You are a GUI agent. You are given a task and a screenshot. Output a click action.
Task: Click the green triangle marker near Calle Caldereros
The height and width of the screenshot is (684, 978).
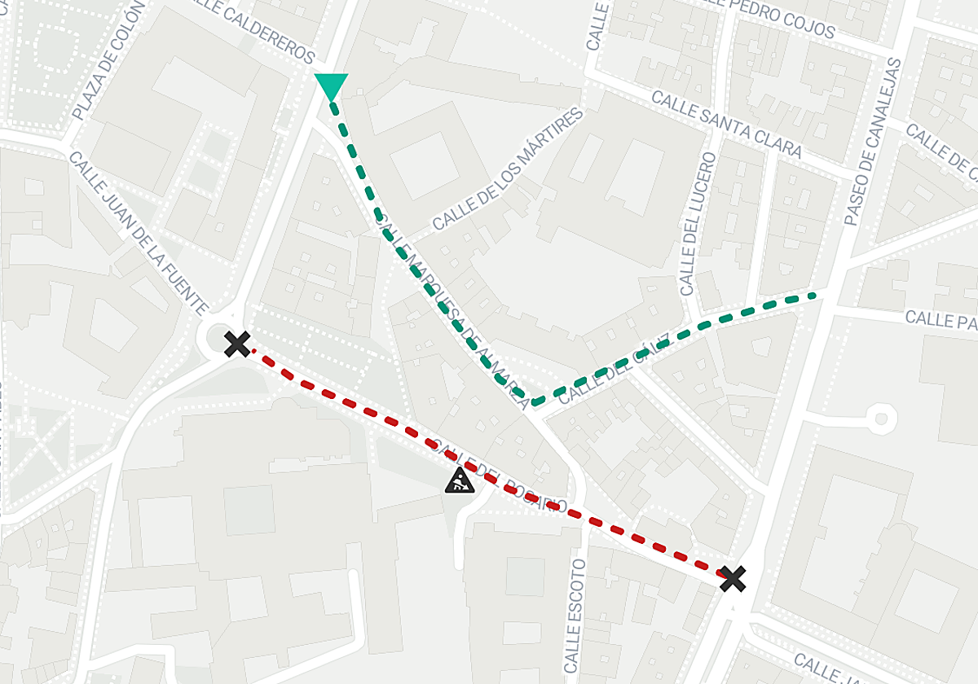pyautogui.click(x=331, y=85)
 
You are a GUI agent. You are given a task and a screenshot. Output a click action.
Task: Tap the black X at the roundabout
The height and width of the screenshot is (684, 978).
pyautogui.click(x=237, y=344)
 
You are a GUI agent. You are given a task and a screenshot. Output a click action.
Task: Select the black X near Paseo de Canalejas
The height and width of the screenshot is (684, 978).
pyautogui.click(x=733, y=579)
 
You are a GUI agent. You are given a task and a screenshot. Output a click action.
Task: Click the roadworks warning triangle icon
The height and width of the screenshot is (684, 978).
pyautogui.click(x=460, y=480)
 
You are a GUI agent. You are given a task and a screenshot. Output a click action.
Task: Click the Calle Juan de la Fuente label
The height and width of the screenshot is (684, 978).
pyautogui.click(x=139, y=233)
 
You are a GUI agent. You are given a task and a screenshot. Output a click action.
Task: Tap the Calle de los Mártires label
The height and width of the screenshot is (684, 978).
pyautogui.click(x=509, y=169)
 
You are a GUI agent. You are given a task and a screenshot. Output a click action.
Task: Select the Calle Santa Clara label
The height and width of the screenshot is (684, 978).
pyautogui.click(x=726, y=124)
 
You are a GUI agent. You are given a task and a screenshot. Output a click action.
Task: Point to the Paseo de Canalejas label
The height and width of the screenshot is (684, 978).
pyautogui.click(x=874, y=142)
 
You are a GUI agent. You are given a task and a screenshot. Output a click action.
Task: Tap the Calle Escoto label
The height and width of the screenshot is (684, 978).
pyautogui.click(x=575, y=616)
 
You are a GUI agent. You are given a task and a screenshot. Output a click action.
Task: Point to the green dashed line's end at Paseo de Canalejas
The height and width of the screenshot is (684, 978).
pyautogui.click(x=813, y=296)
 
